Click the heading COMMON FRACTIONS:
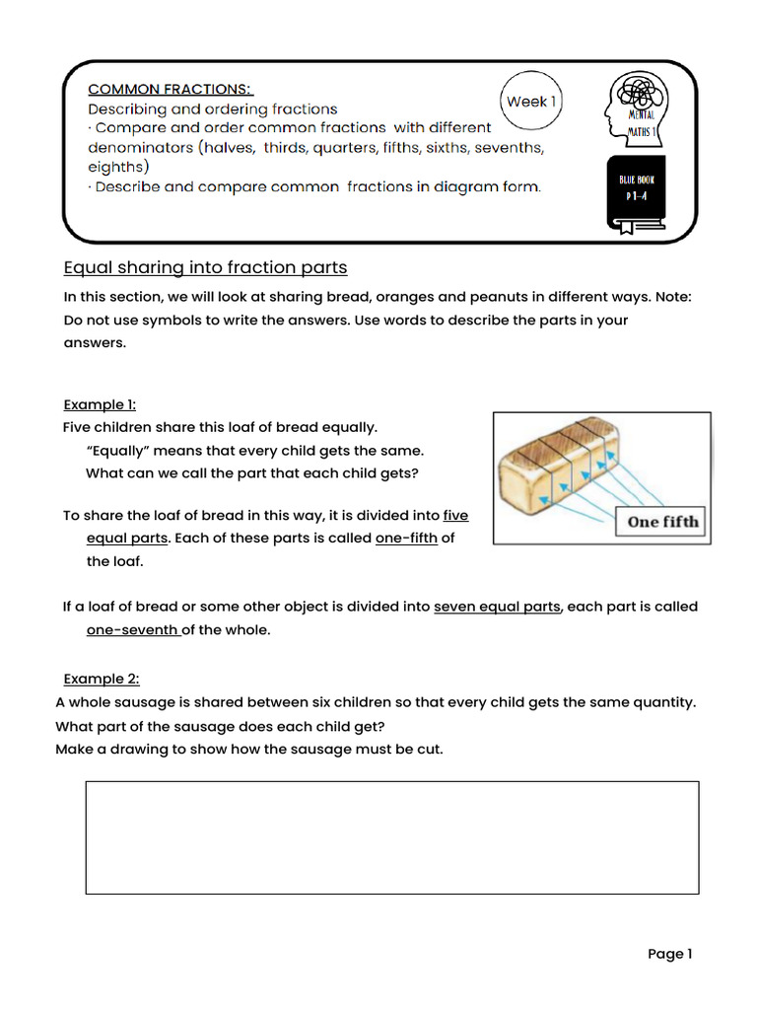pyautogui.click(x=171, y=89)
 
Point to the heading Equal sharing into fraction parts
pyautogui.click(x=205, y=267)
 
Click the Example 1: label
pyautogui.click(x=100, y=404)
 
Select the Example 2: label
pyautogui.click(x=102, y=679)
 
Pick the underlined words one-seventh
pyautogui.click(x=132, y=630)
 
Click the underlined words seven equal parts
pyautogui.click(x=497, y=607)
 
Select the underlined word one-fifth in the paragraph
pyautogui.click(x=406, y=539)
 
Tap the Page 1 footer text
pyautogui.click(x=670, y=954)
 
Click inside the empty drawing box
pyautogui.click(x=392, y=837)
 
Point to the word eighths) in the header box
pyautogui.click(x=118, y=167)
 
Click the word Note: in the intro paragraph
pyautogui.click(x=671, y=297)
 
